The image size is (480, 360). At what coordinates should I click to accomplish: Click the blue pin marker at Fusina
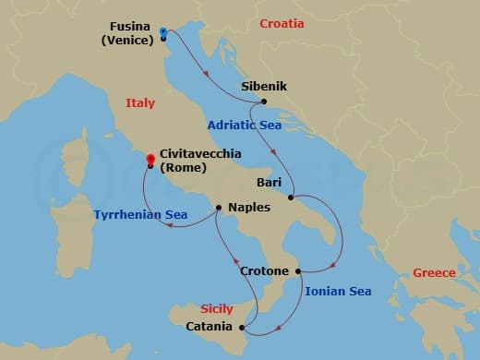162,32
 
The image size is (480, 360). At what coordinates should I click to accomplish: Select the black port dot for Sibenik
264,102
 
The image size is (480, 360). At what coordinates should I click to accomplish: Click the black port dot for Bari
291,198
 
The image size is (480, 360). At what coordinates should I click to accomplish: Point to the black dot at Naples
219,208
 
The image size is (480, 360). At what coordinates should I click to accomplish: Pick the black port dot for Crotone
298,271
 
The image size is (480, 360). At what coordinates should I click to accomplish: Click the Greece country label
434,272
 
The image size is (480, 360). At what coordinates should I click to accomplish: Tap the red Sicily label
218,309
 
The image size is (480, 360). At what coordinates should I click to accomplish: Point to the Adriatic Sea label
243,124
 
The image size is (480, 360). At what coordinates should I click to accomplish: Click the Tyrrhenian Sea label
140,215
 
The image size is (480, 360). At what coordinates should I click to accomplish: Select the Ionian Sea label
338,292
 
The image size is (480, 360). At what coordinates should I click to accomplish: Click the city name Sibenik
264,87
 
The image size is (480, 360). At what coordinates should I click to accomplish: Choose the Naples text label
248,209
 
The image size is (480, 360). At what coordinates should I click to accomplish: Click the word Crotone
266,271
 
